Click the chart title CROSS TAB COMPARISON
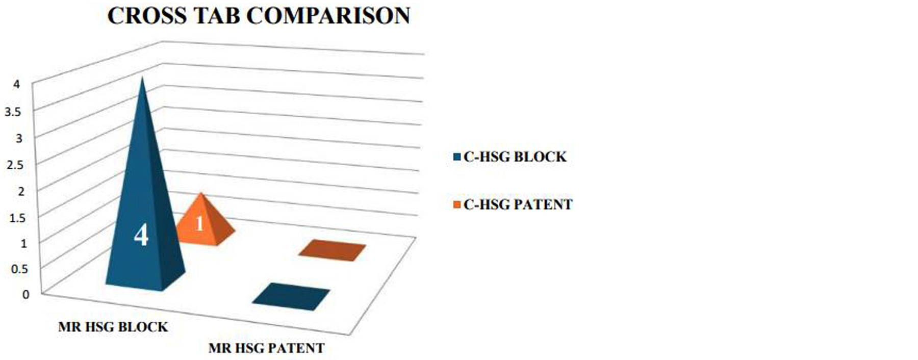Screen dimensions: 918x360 click(x=259, y=16)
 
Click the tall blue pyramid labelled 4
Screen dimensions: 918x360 click(x=145, y=214)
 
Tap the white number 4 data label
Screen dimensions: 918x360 click(x=141, y=236)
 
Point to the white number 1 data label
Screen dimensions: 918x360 click(x=199, y=223)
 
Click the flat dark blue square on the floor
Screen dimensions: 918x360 click(x=291, y=296)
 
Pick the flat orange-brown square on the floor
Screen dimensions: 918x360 click(x=332, y=250)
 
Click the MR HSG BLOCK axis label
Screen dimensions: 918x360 click(x=113, y=327)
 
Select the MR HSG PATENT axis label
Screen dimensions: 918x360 click(x=266, y=348)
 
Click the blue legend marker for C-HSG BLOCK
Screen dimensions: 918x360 click(x=456, y=157)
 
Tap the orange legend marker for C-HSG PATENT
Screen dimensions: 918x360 click(x=456, y=205)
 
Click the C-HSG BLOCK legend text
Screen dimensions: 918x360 click(x=515, y=157)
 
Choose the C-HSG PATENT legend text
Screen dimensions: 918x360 click(x=518, y=204)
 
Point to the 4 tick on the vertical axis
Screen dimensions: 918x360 click(x=17, y=85)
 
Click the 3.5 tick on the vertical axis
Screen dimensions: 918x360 click(x=13, y=112)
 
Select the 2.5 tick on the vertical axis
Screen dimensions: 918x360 click(x=14, y=165)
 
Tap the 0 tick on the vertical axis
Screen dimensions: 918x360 click(x=25, y=294)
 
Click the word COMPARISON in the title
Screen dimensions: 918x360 click(x=329, y=16)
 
